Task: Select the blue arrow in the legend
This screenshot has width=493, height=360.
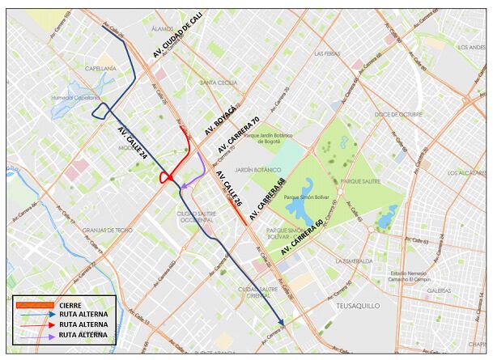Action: (x=34, y=315)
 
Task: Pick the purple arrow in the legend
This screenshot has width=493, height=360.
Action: (x=34, y=334)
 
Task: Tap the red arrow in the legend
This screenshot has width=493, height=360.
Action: (x=34, y=324)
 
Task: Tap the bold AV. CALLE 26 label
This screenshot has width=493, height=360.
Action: (x=228, y=191)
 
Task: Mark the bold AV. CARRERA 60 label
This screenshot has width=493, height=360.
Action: (x=302, y=237)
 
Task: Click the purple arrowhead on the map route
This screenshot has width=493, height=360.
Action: (x=184, y=188)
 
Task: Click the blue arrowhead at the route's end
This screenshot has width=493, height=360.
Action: (x=281, y=324)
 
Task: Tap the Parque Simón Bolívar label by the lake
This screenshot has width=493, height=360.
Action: (x=306, y=197)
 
